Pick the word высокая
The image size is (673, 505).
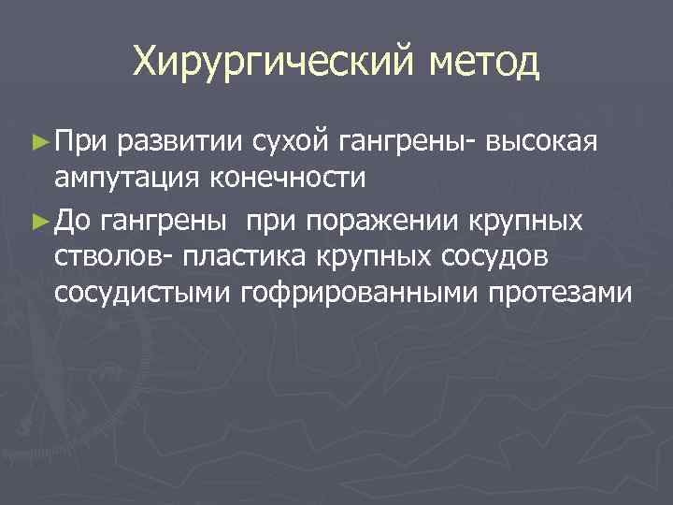coord(549,141)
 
